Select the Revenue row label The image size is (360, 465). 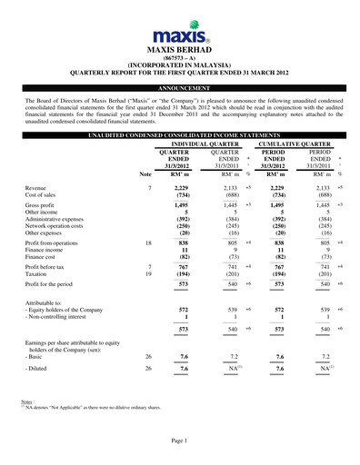point(40,185)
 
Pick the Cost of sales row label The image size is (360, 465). point(44,193)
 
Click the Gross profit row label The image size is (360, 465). point(43,207)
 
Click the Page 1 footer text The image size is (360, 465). point(179,440)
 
